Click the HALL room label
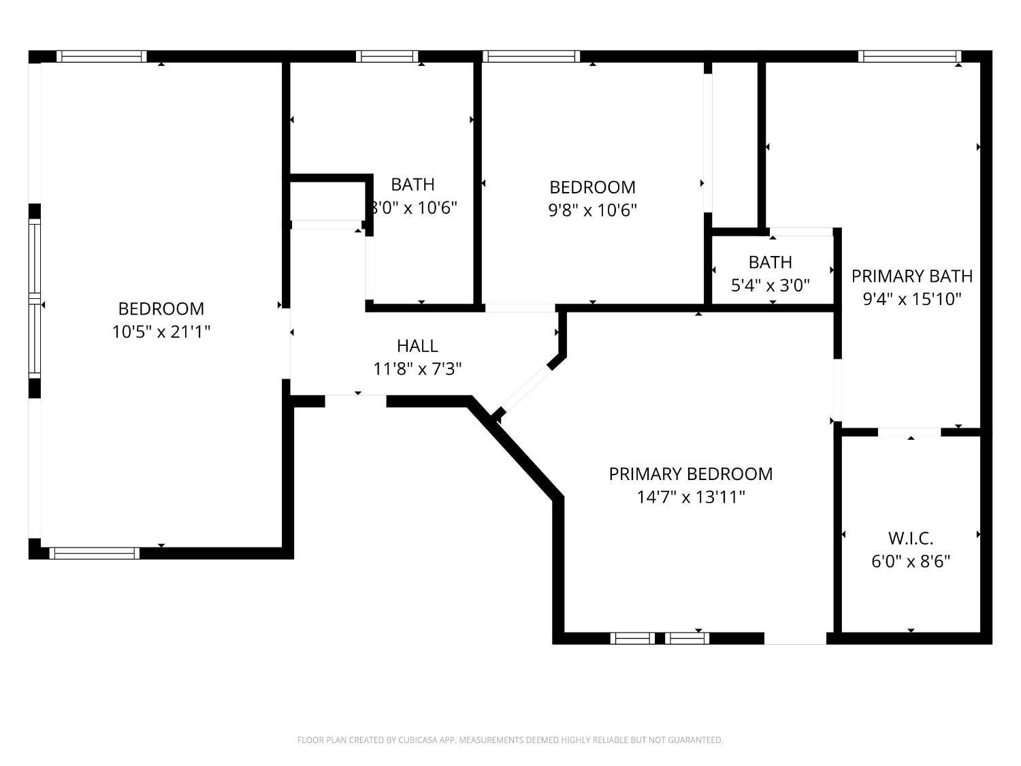coord(417,346)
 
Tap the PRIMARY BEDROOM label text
coord(690,474)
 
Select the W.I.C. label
coord(911,539)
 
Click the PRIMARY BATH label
coord(911,276)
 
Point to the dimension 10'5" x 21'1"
coord(161,332)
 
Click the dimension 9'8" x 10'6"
coord(592,210)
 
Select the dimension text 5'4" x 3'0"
coord(770,285)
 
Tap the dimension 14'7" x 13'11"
coord(690,497)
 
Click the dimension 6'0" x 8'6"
coord(911,562)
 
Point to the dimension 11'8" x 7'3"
coord(417,369)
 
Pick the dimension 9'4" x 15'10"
coord(911,299)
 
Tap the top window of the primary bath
coord(909,57)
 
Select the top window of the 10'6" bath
coord(387,57)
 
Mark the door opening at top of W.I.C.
coord(909,432)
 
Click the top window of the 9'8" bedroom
coord(532,57)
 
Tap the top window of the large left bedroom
coord(101,57)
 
